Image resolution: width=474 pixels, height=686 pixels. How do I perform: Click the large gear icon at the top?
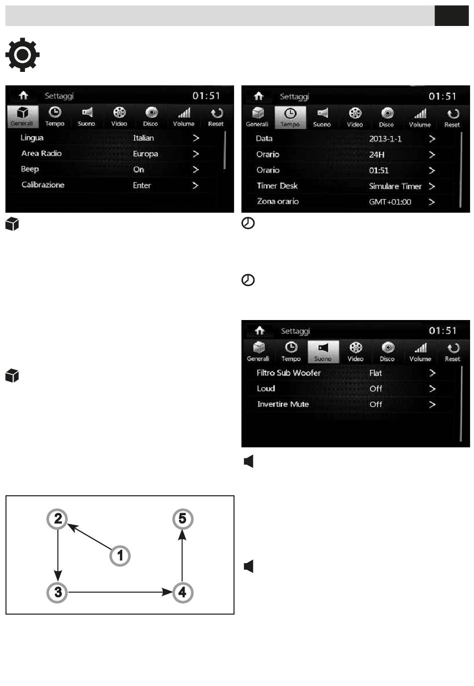point(22,54)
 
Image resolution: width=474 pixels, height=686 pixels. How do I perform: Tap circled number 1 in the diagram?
point(120,555)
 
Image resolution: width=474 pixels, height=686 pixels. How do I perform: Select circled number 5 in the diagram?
point(182,519)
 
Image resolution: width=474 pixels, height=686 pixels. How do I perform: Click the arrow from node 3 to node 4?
point(120,592)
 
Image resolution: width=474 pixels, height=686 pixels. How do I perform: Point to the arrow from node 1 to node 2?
point(90,537)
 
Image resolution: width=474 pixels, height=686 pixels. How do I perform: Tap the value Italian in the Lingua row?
point(143,138)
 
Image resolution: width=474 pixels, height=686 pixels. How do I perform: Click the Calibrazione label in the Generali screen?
point(43,185)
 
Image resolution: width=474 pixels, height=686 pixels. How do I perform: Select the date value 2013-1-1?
point(385,139)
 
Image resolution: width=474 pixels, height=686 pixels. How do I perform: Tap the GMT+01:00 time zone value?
point(390,202)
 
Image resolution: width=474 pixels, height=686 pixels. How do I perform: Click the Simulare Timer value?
point(395,186)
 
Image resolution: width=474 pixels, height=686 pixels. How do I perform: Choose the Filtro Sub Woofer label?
point(288,373)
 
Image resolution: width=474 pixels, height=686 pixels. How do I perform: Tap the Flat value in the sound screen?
point(375,373)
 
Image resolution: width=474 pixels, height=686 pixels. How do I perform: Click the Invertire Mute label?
point(283,404)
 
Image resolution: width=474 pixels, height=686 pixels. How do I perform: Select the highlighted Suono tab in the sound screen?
point(323,352)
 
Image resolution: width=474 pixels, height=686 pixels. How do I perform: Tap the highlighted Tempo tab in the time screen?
point(290,117)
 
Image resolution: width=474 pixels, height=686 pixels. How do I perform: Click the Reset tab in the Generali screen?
point(216,117)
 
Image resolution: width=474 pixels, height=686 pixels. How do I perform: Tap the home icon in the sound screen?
point(259,331)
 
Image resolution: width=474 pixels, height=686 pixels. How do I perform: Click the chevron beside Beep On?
point(196,170)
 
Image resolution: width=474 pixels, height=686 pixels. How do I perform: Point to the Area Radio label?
point(41,154)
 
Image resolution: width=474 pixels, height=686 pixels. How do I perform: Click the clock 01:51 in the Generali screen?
point(206,96)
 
